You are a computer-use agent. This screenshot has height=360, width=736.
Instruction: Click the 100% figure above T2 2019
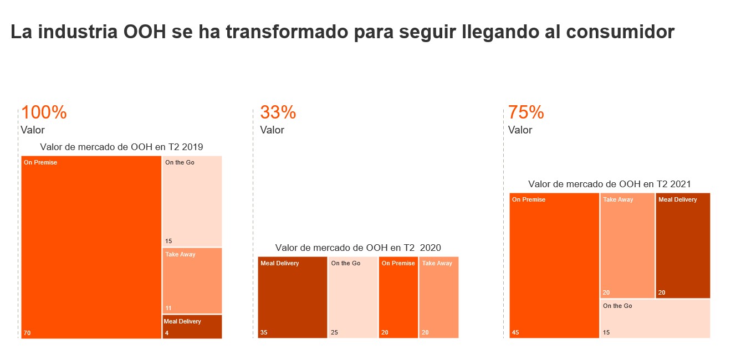point(44,112)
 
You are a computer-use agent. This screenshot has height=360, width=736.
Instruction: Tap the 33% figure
point(278,112)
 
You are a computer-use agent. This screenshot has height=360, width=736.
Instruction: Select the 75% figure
point(526,112)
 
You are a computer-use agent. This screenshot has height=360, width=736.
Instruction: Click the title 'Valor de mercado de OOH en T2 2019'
point(121,147)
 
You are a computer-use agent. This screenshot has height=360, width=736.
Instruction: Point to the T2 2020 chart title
point(358,248)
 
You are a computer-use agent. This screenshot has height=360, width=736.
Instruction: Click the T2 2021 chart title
point(610,184)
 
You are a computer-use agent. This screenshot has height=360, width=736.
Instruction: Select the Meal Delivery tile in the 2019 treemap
point(192,327)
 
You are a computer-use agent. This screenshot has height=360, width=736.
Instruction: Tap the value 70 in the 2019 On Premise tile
point(27,333)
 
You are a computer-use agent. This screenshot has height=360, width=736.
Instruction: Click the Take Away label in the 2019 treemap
point(180,255)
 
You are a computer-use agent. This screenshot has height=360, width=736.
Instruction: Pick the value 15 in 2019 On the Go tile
point(168,241)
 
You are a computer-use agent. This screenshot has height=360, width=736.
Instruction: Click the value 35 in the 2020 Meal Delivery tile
point(264,333)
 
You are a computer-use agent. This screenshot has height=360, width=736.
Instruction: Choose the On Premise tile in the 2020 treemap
point(398,297)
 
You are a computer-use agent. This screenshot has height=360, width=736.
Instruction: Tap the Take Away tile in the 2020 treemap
point(439,297)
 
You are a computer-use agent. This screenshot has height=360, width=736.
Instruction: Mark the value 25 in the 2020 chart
point(335,333)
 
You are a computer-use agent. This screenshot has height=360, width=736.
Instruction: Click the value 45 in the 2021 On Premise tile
point(515,333)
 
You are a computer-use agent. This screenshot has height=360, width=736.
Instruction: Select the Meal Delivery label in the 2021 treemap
point(677,199)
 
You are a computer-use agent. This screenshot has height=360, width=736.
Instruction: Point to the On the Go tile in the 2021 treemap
point(655,319)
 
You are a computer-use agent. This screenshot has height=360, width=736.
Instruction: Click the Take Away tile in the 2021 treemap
point(627,245)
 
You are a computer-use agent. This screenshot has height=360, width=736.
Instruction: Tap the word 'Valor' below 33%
point(272,130)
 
